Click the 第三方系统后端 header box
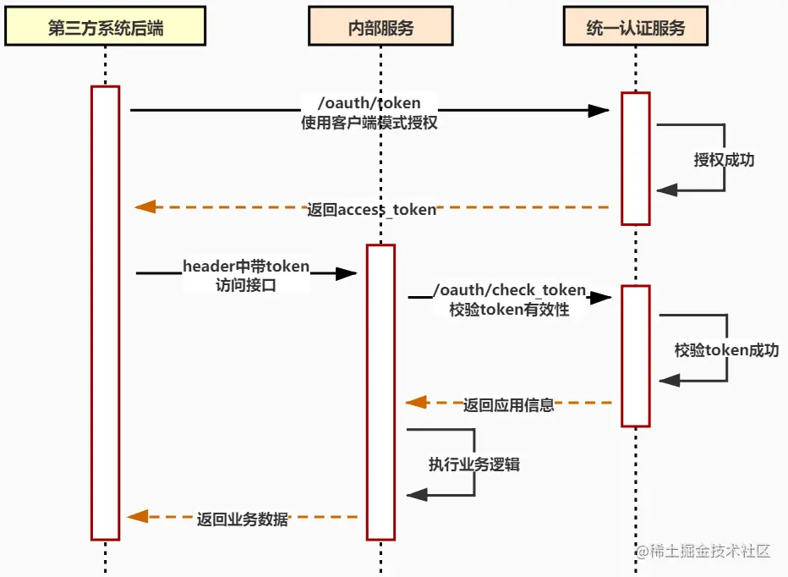pyautogui.click(x=106, y=28)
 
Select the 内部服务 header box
pyautogui.click(x=380, y=28)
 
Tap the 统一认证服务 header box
pyautogui.click(x=635, y=28)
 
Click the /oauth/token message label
pyautogui.click(x=369, y=103)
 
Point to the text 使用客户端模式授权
pyautogui.click(x=369, y=122)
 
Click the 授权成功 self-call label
pyautogui.click(x=724, y=159)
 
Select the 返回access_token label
pyautogui.click(x=372, y=209)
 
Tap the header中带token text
pyautogui.click(x=246, y=267)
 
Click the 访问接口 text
pyautogui.click(x=246, y=285)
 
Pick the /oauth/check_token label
pyautogui.click(x=509, y=290)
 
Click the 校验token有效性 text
pyautogui.click(x=509, y=309)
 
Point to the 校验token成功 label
pyautogui.click(x=726, y=349)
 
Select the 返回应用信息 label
pyautogui.click(x=508, y=404)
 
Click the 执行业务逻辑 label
pyautogui.click(x=473, y=464)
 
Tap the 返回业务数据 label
pyautogui.click(x=243, y=519)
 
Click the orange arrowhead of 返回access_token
pyautogui.click(x=145, y=206)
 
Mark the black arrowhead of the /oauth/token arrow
pyautogui.click(x=599, y=110)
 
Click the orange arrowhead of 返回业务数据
pyautogui.click(x=138, y=516)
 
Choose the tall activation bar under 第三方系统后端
pyautogui.click(x=106, y=312)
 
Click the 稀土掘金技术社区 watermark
pyautogui.click(x=703, y=552)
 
